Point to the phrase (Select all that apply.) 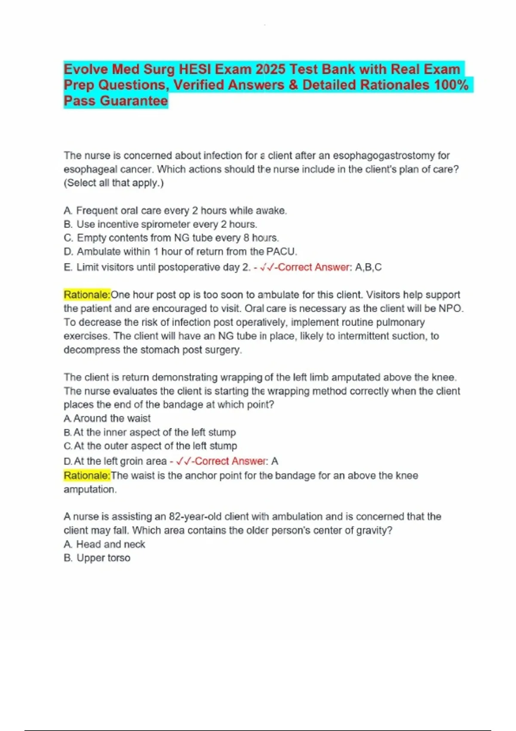tap(114, 183)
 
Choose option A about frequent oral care tap(175, 210)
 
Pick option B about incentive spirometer tap(160, 224)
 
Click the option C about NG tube tap(172, 238)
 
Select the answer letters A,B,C tap(369, 267)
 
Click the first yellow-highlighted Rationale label tap(87, 295)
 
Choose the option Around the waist tap(107, 418)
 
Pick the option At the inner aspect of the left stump tap(150, 432)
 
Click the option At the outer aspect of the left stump tap(150, 446)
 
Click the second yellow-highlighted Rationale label tap(87, 475)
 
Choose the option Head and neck tap(104, 544)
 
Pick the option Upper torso tap(97, 558)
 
